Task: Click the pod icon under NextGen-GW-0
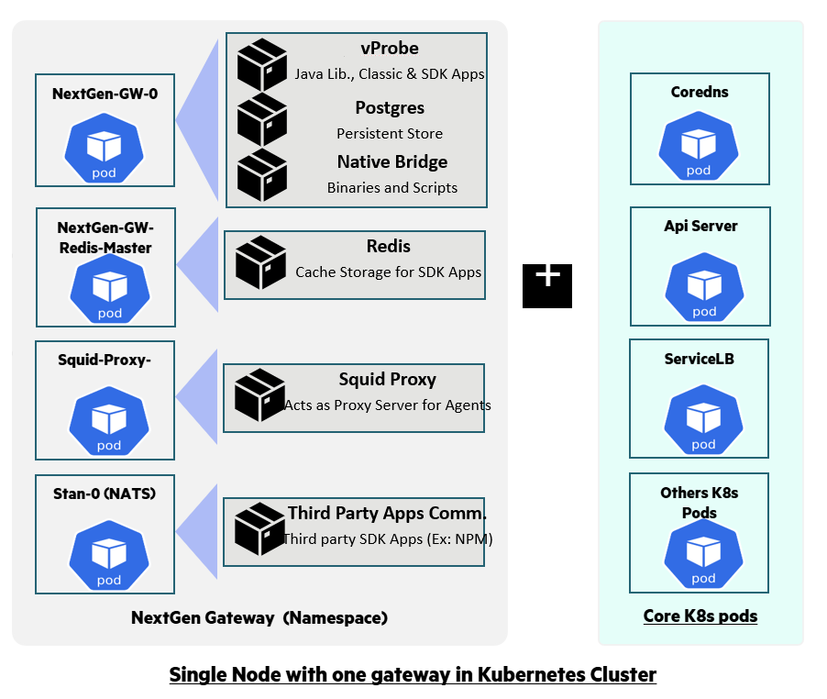105,150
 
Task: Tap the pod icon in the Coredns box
699,147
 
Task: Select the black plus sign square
547,284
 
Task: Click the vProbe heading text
390,49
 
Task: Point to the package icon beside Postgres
261,119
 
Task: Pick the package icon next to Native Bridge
261,174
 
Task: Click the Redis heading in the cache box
389,246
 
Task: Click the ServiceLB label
699,359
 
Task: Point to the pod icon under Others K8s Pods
703,555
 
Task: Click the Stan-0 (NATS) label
104,494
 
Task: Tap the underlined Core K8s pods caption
700,616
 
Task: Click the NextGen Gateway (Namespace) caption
259,617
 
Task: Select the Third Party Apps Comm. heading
387,513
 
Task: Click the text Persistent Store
390,134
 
